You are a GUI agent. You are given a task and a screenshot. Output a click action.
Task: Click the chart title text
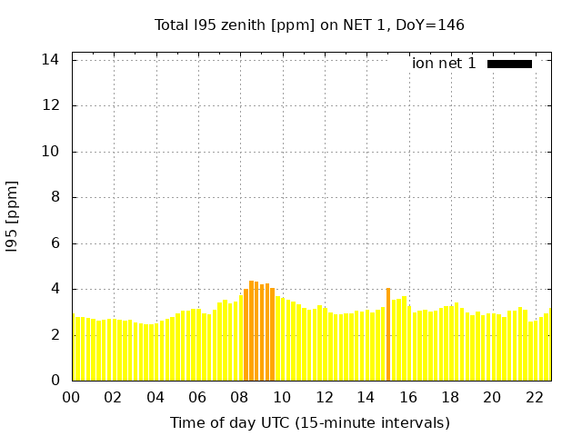(309, 25)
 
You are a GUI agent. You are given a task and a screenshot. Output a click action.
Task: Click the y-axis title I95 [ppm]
(13, 217)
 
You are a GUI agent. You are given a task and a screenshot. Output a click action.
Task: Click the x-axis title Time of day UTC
(309, 422)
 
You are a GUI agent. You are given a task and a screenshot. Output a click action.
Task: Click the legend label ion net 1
(444, 64)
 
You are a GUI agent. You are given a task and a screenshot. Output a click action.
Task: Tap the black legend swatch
(509, 64)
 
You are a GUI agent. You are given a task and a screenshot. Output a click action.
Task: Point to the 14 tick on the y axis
(51, 60)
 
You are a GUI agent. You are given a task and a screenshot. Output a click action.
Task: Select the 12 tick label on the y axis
(51, 105)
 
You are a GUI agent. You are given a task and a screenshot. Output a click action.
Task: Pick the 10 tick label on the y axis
(51, 152)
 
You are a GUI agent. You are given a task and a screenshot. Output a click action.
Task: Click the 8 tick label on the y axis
(55, 198)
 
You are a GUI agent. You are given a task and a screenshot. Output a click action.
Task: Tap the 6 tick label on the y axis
(55, 243)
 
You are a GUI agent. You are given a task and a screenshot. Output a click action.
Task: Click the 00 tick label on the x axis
(72, 397)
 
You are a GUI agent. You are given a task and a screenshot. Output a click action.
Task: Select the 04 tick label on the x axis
(156, 397)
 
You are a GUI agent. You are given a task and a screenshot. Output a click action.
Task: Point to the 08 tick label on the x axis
(240, 397)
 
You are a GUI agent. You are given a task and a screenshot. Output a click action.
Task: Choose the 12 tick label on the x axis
(324, 397)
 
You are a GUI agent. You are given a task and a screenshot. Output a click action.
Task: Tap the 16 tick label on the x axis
(408, 397)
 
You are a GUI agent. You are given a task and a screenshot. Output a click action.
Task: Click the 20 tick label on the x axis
(492, 397)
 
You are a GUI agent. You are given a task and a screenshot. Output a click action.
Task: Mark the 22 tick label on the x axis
(534, 397)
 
